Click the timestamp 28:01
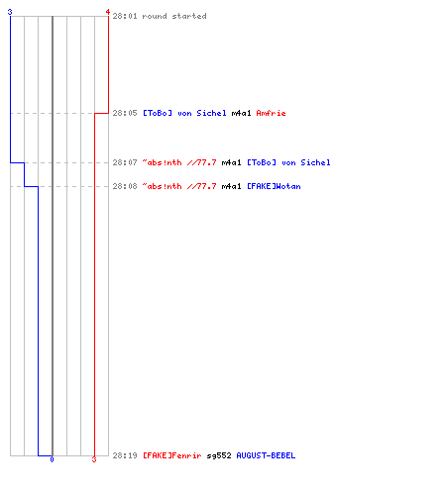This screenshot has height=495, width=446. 125,16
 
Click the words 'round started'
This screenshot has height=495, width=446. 174,16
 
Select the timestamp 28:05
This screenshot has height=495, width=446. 125,113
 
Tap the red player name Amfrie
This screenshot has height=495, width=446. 271,113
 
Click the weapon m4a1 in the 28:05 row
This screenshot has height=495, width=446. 241,113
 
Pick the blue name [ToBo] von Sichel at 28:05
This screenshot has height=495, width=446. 184,113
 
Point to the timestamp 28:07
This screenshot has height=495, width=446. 125,162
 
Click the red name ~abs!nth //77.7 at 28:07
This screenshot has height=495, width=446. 179,162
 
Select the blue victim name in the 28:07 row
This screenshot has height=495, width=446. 288,162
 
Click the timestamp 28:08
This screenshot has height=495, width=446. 125,186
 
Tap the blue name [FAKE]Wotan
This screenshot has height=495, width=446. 274,186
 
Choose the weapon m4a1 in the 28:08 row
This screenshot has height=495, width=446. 231,186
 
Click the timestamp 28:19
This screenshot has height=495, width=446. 125,455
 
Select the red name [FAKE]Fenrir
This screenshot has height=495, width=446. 172,455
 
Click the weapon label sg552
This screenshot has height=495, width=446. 219,455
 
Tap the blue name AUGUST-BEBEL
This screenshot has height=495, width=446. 266,455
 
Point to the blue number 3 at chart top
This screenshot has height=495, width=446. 10,12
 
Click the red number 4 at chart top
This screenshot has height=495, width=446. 108,12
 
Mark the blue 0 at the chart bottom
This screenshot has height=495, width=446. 52,459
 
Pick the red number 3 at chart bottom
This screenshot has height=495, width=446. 94,459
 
